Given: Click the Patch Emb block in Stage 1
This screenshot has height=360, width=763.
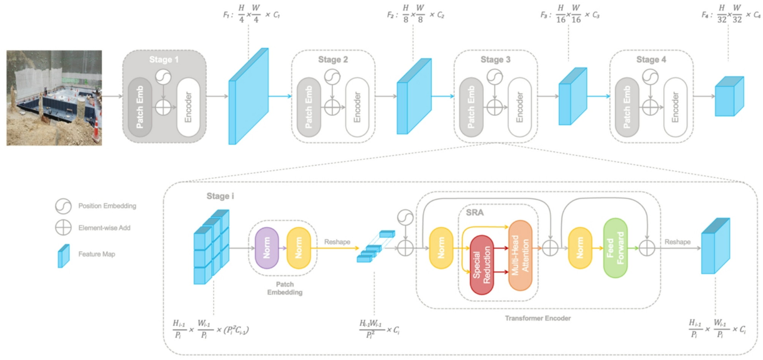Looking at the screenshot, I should pyautogui.click(x=140, y=107).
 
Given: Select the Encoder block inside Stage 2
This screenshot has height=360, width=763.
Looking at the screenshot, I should pyautogui.click(x=357, y=107).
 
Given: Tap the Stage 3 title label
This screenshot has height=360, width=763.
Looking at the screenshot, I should pyautogui.click(x=495, y=60).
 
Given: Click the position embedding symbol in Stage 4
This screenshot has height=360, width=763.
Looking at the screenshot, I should pyautogui.click(x=650, y=77).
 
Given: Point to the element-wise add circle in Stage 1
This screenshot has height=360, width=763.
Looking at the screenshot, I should pyautogui.click(x=163, y=108).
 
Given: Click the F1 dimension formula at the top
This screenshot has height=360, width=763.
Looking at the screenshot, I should pyautogui.click(x=252, y=14).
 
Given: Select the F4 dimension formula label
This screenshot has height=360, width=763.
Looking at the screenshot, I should pyautogui.click(x=730, y=14).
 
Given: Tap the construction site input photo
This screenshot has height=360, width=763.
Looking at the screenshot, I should pyautogui.click(x=54, y=98).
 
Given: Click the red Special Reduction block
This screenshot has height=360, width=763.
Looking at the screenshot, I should pyautogui.click(x=482, y=265).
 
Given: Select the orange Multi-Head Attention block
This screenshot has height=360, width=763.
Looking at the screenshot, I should pyautogui.click(x=520, y=255).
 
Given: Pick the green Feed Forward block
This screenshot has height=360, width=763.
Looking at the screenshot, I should pyautogui.click(x=615, y=248).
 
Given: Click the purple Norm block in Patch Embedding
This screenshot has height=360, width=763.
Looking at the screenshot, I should pyautogui.click(x=267, y=248).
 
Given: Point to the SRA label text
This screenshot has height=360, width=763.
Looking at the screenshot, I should pyautogui.click(x=475, y=213).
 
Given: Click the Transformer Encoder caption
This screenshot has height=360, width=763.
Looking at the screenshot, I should pyautogui.click(x=537, y=318).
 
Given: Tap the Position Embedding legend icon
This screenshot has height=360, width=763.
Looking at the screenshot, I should pyautogui.click(x=63, y=206).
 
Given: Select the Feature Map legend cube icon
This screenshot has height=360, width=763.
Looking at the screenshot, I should pyautogui.click(x=63, y=255).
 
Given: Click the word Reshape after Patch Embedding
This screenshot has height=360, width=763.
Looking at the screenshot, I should pyautogui.click(x=337, y=242).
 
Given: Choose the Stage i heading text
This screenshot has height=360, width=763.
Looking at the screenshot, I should pyautogui.click(x=220, y=196).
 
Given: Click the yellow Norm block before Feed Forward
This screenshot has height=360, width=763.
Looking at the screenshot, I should pyautogui.click(x=580, y=248).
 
